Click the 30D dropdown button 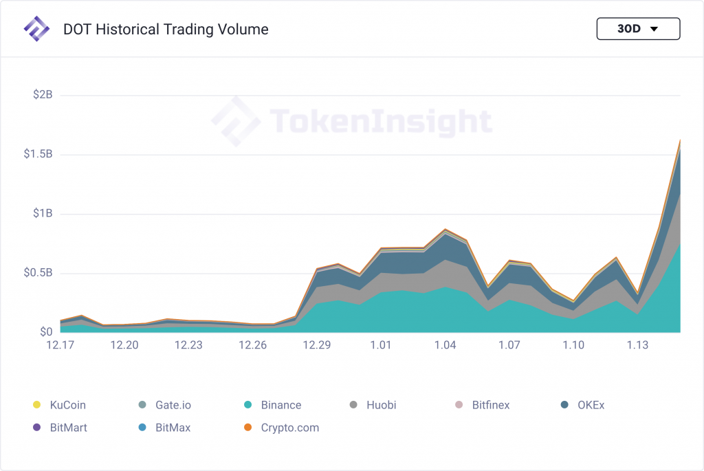(x=638, y=29)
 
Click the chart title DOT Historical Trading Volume (x=166, y=30)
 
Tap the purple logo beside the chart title (x=36, y=29)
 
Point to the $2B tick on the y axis (x=43, y=94)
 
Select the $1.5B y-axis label (x=38, y=154)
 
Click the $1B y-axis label (x=43, y=214)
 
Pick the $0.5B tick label (x=38, y=273)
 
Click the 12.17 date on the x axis (x=60, y=345)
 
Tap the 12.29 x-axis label (x=317, y=345)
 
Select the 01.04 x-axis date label (x=445, y=345)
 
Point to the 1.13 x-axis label (x=637, y=345)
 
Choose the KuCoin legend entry (x=67, y=405)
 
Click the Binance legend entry (x=280, y=405)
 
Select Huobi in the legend (x=382, y=405)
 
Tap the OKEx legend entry (x=591, y=405)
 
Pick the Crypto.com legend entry (x=289, y=428)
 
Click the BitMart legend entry (x=68, y=428)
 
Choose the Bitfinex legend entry (x=490, y=405)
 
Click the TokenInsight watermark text (x=381, y=122)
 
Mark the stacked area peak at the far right (x=680, y=140)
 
